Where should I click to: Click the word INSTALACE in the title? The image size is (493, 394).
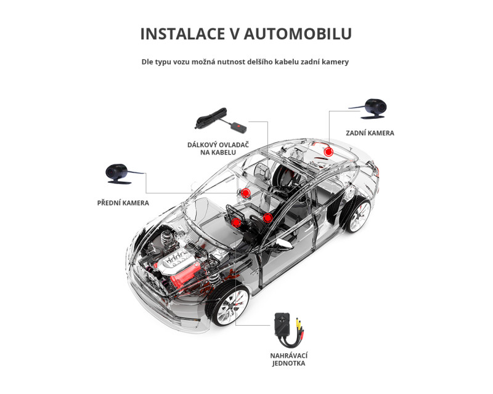(x=182, y=34)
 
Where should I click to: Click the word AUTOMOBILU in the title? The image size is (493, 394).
(x=298, y=34)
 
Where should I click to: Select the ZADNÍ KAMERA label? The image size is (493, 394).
(x=370, y=133)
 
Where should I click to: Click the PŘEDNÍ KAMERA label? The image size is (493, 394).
(x=123, y=203)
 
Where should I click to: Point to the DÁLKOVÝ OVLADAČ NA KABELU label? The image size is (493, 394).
(x=218, y=148)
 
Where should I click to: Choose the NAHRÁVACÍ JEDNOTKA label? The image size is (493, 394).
(x=288, y=360)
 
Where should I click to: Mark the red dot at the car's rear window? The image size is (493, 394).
(x=328, y=152)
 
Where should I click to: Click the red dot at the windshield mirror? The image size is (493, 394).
(x=245, y=193)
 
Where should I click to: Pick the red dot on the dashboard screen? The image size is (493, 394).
(x=236, y=223)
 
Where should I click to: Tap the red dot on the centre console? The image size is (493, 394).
(x=267, y=218)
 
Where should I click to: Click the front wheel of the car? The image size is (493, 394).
(x=229, y=305)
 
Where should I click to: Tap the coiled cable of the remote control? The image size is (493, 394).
(x=210, y=118)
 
